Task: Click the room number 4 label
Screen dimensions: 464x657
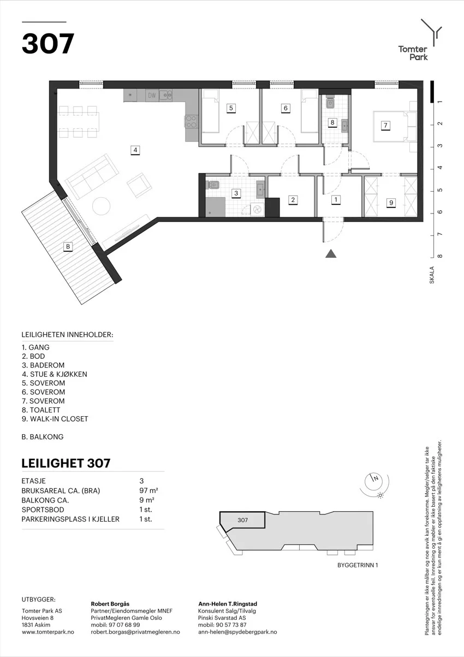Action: click(135, 150)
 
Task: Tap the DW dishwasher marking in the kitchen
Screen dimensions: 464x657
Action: click(152, 96)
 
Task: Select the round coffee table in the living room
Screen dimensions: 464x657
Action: click(101, 206)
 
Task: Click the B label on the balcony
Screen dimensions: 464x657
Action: click(68, 246)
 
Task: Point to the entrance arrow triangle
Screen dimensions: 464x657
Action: click(331, 254)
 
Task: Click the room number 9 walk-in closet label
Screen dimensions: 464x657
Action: click(391, 203)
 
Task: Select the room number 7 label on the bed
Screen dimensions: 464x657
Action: click(385, 126)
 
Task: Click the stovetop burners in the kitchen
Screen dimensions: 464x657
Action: click(191, 121)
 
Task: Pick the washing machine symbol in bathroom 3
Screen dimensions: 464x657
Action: click(257, 209)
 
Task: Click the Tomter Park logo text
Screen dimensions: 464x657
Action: click(413, 53)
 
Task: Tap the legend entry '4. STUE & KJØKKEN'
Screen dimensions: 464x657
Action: click(55, 374)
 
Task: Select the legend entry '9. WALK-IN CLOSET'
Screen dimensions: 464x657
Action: click(55, 419)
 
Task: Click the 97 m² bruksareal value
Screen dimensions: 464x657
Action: click(149, 490)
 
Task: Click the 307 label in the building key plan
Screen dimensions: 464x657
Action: click(243, 520)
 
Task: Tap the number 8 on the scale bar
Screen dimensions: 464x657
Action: click(439, 256)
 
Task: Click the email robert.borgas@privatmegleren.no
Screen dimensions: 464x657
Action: click(135, 632)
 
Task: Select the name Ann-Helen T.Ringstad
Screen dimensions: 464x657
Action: click(228, 604)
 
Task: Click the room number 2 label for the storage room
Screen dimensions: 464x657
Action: click(293, 200)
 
